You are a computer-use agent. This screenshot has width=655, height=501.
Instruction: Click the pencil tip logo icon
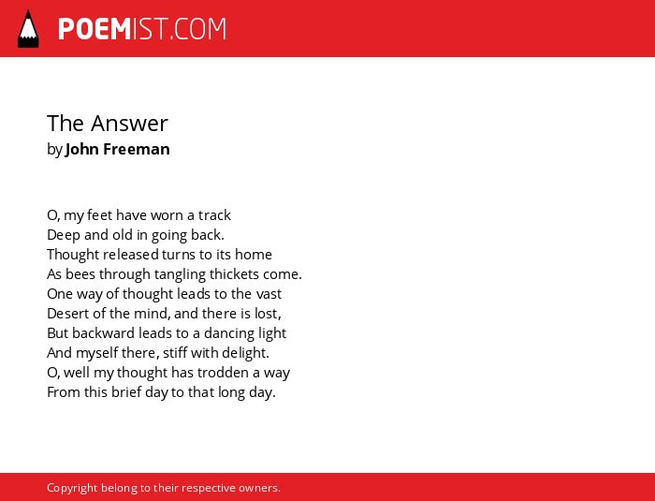click(28, 29)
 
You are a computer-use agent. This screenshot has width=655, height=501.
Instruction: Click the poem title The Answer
click(108, 124)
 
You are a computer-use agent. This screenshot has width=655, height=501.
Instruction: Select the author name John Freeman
click(117, 149)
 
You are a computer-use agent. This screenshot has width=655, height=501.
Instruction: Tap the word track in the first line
click(214, 215)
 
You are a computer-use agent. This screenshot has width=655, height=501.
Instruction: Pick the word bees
click(80, 274)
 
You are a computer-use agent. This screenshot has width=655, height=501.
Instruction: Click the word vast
click(269, 294)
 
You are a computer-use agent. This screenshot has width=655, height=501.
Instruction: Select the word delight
click(245, 353)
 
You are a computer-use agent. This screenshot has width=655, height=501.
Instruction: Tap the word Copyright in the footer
click(72, 488)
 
